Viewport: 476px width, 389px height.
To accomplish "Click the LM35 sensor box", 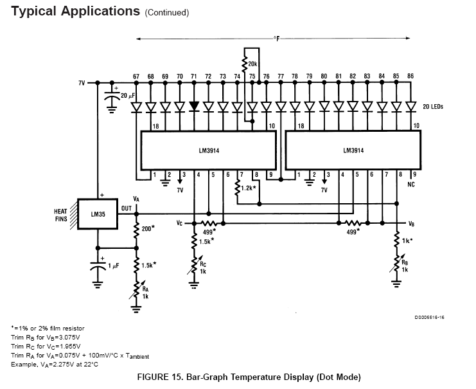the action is point(98,214).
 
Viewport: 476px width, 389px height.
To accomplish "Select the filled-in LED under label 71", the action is point(194,106).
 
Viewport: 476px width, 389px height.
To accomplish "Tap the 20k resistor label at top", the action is point(252,64).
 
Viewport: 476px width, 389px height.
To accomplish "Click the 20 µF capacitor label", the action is point(127,96).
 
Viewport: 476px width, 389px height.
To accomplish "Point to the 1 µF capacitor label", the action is point(114,266).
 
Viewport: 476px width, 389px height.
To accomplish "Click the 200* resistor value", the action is point(148,228).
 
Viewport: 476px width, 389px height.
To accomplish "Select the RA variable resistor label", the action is point(145,289).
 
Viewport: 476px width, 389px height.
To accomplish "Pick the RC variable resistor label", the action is point(203,264).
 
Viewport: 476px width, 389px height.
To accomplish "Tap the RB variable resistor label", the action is point(405,262).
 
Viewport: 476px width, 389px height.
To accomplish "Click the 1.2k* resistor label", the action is point(249,188).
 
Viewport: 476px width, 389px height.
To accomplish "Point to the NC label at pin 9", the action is point(410,185).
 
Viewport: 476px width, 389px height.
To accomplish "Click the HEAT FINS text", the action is point(61,215).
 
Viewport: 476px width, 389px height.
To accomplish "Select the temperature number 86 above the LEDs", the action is point(410,76).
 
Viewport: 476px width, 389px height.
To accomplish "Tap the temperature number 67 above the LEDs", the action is point(136,77).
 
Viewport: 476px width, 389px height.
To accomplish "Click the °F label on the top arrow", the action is point(277,39).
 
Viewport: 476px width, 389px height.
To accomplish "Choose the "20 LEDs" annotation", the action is point(433,106).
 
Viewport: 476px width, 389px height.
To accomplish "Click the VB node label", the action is point(411,224).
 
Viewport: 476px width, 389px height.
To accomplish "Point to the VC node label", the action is point(179,223).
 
